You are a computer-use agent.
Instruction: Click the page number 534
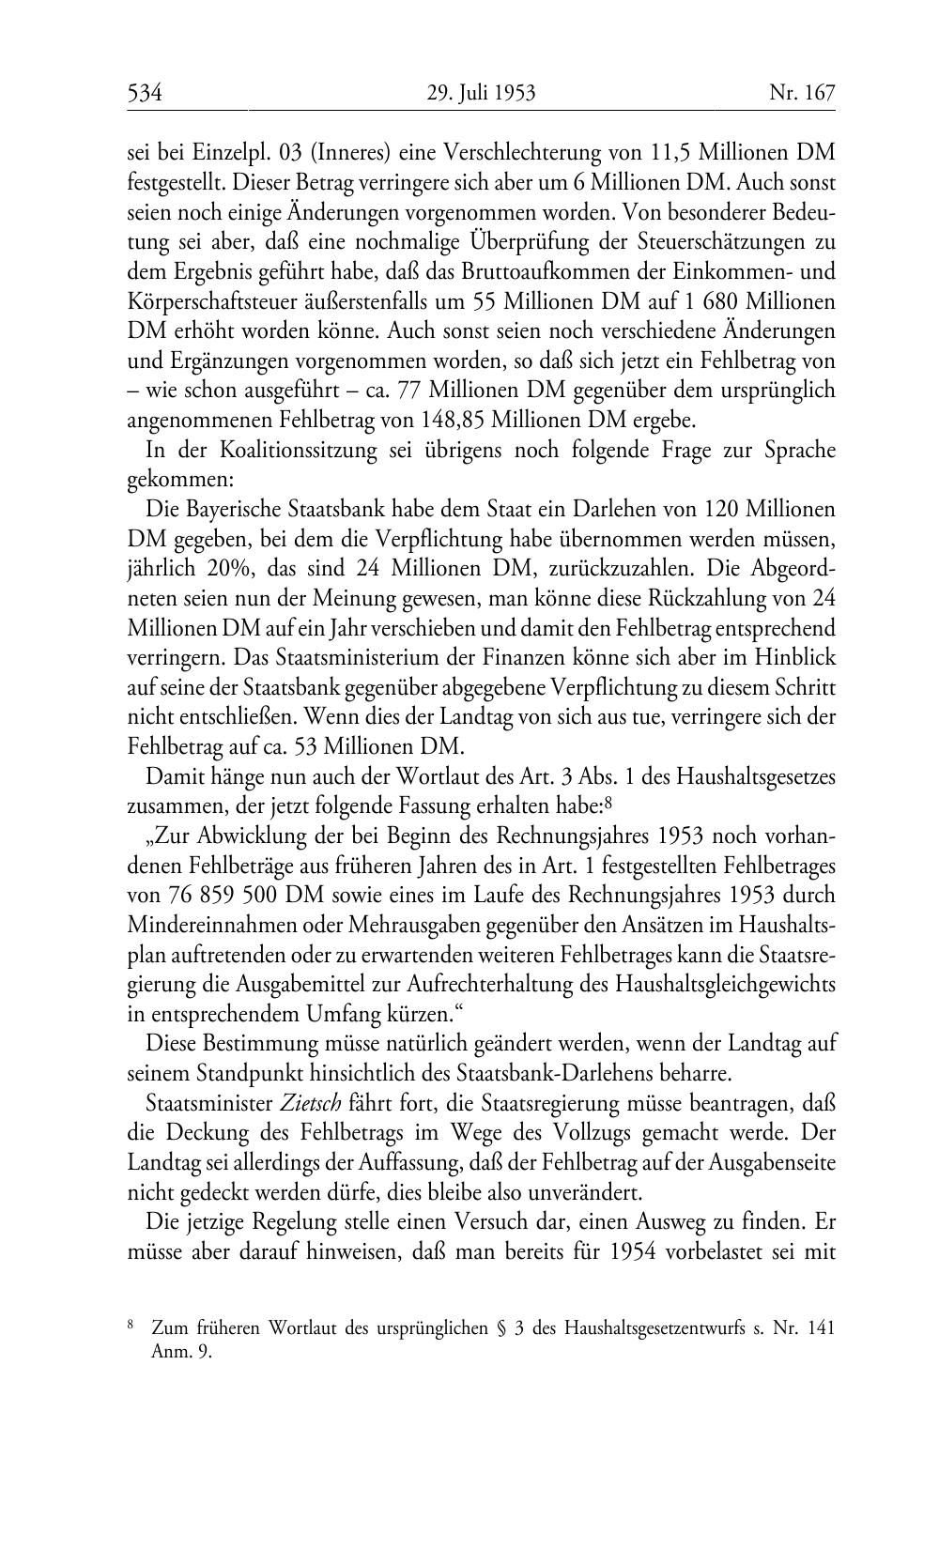pos(146,94)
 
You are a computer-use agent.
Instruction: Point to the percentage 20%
pos(239,569)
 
